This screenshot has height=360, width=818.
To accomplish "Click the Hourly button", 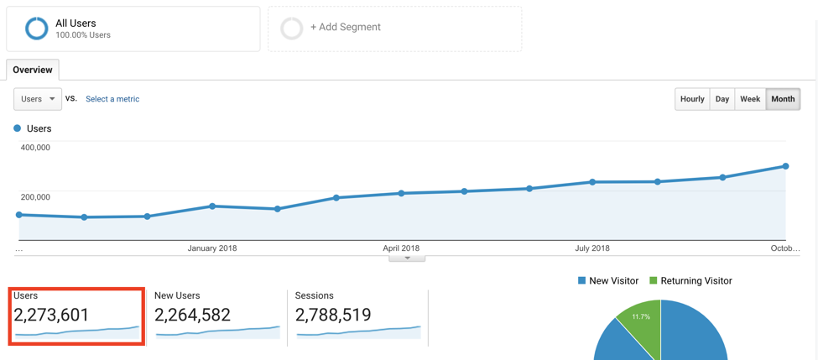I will [x=692, y=99].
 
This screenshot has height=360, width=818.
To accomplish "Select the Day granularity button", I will [x=722, y=99].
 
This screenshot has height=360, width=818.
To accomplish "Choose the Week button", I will [x=750, y=99].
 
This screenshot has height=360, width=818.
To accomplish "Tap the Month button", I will [x=783, y=99].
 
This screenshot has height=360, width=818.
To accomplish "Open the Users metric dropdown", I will [x=38, y=99].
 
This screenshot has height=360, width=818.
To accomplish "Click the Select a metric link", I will [x=112, y=99].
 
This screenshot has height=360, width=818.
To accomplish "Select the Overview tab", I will [x=33, y=70].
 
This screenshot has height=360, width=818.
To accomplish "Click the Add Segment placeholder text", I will [x=345, y=28].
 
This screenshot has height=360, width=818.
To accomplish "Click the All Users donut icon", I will [x=36, y=29].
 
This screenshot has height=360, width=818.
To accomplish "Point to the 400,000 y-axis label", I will [x=35, y=148].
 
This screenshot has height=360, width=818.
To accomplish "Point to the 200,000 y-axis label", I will [x=35, y=197].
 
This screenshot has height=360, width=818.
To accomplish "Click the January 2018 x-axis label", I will [x=212, y=248].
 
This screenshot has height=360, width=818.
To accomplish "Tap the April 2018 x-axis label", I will [x=401, y=248].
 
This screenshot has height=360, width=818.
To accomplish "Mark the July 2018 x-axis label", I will [x=592, y=248].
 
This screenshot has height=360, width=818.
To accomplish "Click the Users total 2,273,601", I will [x=51, y=315].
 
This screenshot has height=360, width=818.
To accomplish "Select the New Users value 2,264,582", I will [x=192, y=315].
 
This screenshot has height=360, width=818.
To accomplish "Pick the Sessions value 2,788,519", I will [x=333, y=315].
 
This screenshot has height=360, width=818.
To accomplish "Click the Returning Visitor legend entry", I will [x=696, y=281].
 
